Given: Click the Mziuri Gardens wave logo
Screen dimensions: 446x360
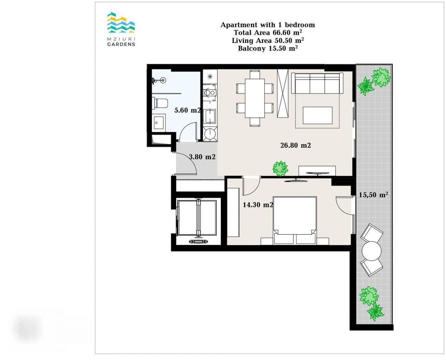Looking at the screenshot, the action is (121, 22).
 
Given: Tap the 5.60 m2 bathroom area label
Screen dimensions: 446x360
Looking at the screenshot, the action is (187, 110).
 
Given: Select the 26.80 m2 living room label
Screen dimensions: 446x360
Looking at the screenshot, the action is (295, 145).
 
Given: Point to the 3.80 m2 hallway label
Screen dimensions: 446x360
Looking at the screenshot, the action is (202, 156).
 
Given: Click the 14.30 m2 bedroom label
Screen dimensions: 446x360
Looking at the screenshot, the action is (258, 205).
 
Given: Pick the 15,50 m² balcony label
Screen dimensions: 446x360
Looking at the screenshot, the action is (373, 194).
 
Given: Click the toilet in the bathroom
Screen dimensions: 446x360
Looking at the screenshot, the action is (160, 104).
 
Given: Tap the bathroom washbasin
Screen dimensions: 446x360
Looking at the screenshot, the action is (159, 123).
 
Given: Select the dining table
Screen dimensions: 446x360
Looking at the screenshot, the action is (255, 98).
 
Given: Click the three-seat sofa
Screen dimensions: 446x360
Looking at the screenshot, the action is (317, 83).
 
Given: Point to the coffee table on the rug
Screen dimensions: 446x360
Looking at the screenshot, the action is (317, 115).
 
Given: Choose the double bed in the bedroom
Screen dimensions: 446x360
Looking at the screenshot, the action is (294, 220).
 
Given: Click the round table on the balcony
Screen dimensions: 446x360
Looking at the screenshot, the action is (371, 251).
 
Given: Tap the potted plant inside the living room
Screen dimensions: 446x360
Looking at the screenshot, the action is (280, 168).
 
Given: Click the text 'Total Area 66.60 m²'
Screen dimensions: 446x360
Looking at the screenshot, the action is (268, 32).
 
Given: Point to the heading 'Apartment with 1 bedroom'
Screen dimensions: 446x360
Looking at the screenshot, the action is (268, 25).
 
